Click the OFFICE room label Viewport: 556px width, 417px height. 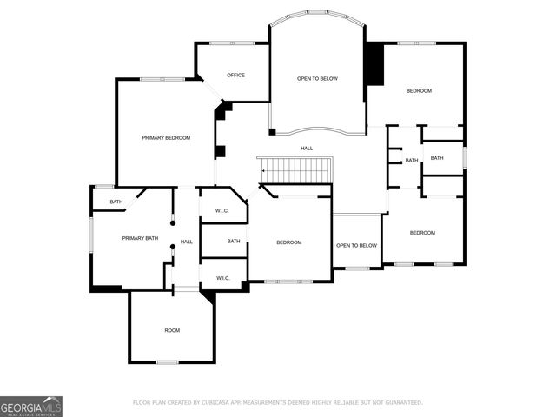click(235, 76)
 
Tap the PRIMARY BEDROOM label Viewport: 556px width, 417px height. click(166, 138)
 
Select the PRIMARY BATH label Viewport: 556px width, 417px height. click(140, 238)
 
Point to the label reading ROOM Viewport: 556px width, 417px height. click(172, 330)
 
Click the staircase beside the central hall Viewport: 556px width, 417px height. click(296, 169)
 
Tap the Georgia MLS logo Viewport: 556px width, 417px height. click(31, 406)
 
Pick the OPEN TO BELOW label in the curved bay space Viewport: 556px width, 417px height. click(317, 79)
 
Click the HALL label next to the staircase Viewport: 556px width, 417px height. click(307, 149)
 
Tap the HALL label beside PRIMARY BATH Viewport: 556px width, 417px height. click(187, 242)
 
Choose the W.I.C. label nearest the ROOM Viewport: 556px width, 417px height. click(222, 278)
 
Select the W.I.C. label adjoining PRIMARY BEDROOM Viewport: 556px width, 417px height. click(222, 210)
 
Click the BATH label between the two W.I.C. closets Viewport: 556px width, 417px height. click(234, 242)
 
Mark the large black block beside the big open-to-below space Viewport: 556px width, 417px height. click(374, 64)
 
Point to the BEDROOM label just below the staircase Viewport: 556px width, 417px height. click(288, 242)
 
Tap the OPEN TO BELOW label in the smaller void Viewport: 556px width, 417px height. click(357, 245)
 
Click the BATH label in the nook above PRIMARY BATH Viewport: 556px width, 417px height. click(116, 202)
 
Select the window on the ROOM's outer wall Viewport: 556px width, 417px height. click(168, 361)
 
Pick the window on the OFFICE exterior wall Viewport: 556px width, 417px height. click(232, 43)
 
